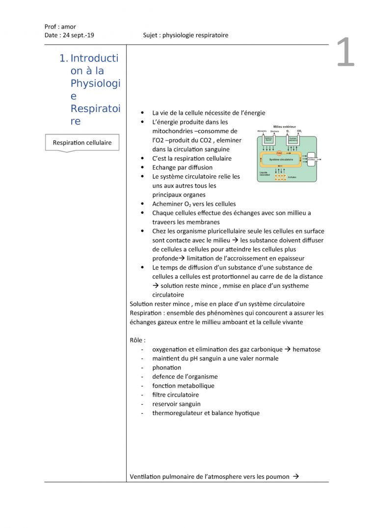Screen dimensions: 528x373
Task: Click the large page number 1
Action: coord(346,53)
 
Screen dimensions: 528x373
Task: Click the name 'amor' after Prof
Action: coord(69,27)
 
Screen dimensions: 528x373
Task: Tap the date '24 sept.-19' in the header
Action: coord(79,35)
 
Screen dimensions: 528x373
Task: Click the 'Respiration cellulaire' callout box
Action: coord(82,143)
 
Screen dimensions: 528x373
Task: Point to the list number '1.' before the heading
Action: coord(63,58)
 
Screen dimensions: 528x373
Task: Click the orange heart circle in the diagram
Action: coord(279,153)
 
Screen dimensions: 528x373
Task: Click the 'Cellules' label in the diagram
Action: coord(293,177)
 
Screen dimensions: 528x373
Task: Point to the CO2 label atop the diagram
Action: coord(299,131)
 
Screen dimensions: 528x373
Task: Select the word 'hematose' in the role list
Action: coord(306,349)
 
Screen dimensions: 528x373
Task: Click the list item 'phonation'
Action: coord(166,367)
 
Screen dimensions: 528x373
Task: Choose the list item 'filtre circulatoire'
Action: coord(175,394)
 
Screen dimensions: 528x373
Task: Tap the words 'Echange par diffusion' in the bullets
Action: coord(182,167)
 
